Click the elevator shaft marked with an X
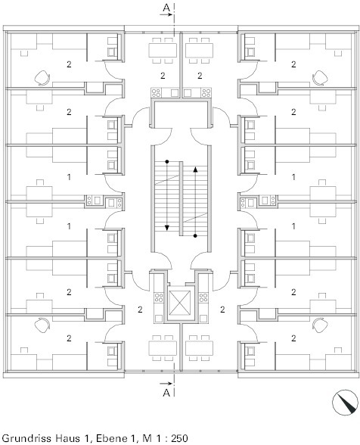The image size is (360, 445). pyautogui.click(x=180, y=303)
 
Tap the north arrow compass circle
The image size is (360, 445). pyautogui.click(x=345, y=403)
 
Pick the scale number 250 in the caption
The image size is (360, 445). pyautogui.click(x=179, y=437)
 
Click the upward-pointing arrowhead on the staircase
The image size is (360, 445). pyautogui.click(x=195, y=170)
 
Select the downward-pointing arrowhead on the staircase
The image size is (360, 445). pyautogui.click(x=167, y=228)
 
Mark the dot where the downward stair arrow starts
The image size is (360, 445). pyautogui.click(x=167, y=161)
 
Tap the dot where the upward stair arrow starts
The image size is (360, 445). pyautogui.click(x=195, y=235)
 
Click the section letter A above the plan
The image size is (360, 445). pyautogui.click(x=166, y=8)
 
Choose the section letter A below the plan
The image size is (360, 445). pyautogui.click(x=166, y=393)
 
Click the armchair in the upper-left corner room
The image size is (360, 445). pyautogui.click(x=42, y=78)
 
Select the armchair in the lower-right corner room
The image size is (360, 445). pyautogui.click(x=320, y=325)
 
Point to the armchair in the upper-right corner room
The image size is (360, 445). pyautogui.click(x=320, y=78)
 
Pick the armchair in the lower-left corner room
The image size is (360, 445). pyautogui.click(x=42, y=325)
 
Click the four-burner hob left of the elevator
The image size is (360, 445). pyautogui.click(x=159, y=297)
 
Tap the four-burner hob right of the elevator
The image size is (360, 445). pyautogui.click(x=203, y=297)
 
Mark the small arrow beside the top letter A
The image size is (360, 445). pyautogui.click(x=166, y=14)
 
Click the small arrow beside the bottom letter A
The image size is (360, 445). pyautogui.click(x=166, y=384)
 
